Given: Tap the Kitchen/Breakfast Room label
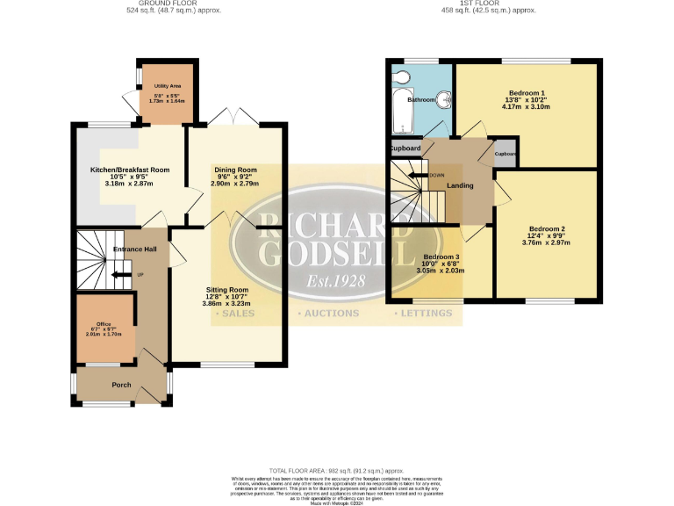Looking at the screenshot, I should coord(130,170).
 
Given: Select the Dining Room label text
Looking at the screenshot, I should coord(235,170).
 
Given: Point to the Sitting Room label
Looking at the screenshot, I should coord(227,289).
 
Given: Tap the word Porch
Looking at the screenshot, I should coord(121,385).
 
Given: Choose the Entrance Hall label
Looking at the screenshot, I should coord(135,249).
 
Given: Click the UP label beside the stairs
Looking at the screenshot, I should coord(140,275).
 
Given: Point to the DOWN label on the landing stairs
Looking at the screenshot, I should coord(436,174).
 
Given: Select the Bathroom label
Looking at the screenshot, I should coord(421,100).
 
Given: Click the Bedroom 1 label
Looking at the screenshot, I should coord(527,93).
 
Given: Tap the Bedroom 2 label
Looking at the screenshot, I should coord(546,229).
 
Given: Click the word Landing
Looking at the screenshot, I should coord(460,186).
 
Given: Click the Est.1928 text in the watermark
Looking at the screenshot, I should coord(337,283).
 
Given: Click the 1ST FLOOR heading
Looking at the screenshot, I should coord(485,3).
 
